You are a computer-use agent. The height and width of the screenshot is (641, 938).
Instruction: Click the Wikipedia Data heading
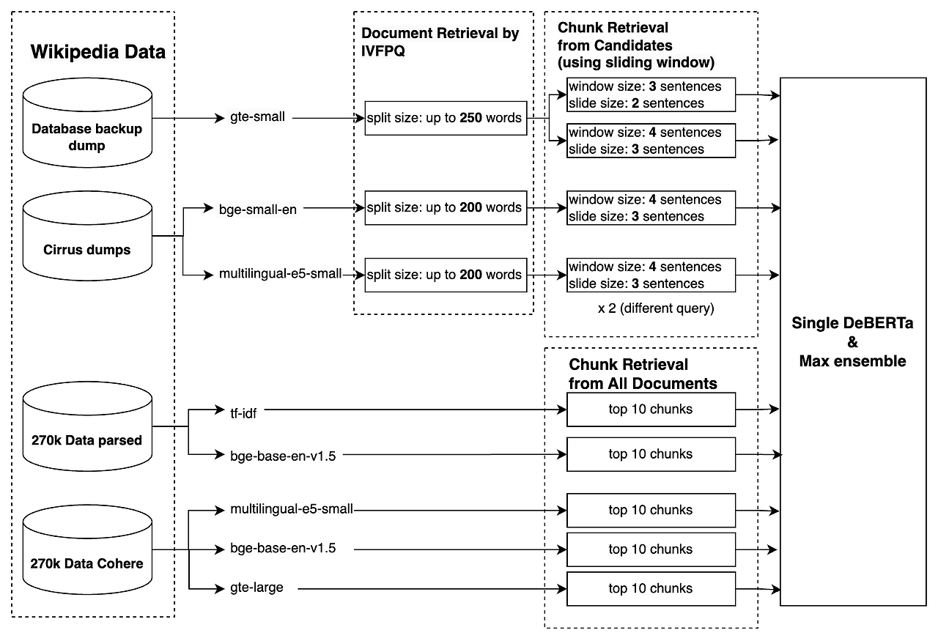pos(98,52)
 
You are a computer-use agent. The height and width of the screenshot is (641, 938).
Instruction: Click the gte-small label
pos(252,117)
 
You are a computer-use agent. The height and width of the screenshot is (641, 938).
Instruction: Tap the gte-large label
pos(256,588)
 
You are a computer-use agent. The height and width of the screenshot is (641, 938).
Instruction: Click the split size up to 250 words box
pos(446,118)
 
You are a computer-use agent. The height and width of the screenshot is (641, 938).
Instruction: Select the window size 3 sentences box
pos(651,95)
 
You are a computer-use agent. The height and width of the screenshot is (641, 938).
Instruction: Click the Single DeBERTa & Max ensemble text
pos(852,342)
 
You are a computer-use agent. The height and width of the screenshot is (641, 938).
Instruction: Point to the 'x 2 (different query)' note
pos(655,308)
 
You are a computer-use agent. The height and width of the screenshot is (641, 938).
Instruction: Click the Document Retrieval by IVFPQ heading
pos(440,42)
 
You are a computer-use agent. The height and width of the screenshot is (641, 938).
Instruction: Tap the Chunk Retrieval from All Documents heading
pos(642,374)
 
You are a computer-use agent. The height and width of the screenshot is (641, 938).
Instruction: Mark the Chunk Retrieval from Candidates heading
pos(635,45)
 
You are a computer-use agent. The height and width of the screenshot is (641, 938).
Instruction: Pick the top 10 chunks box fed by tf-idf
pos(651,410)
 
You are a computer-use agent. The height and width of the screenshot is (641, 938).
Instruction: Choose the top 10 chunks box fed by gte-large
pos(651,588)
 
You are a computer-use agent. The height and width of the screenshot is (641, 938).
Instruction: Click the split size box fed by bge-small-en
pos(446,208)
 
